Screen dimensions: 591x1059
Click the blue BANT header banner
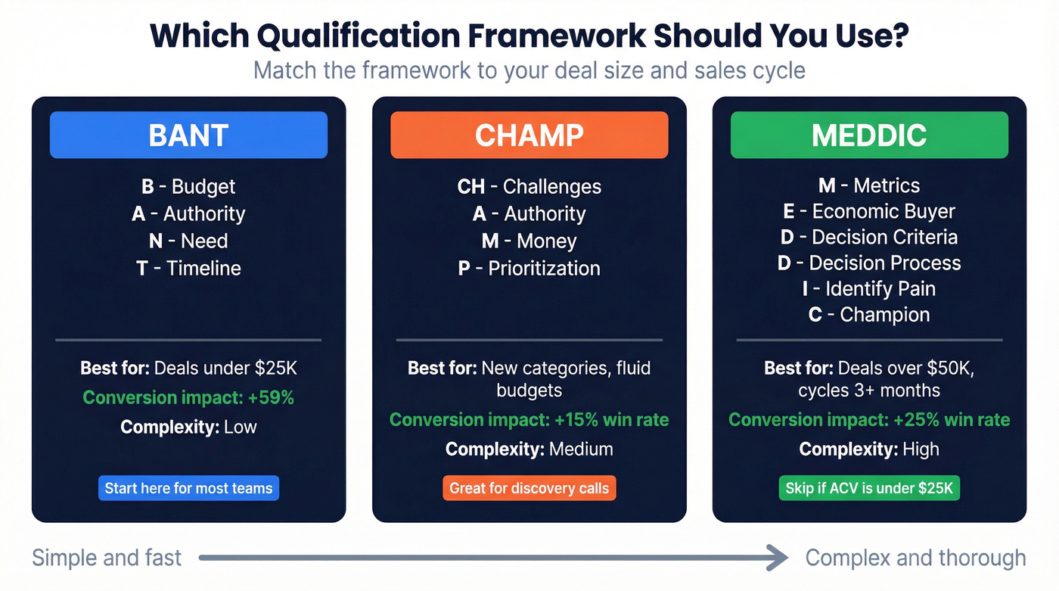pos(188,135)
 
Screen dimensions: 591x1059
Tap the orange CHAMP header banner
pos(529,135)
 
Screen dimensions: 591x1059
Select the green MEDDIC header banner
pos(869,135)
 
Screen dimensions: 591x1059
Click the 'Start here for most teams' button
pos(188,488)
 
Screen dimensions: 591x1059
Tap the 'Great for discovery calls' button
pos(529,488)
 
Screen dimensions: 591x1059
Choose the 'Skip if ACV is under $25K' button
pos(869,488)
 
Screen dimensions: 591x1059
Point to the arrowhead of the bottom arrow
pos(779,558)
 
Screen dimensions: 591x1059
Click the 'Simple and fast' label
pos(107,558)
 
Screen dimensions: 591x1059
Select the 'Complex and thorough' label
pos(915,558)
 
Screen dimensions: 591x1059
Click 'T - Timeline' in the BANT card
pos(188,268)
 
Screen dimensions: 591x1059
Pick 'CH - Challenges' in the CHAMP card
pos(529,186)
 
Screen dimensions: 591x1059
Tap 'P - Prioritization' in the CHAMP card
pos(529,268)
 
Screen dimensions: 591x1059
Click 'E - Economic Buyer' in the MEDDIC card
pos(869,211)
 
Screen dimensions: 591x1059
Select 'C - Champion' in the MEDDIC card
pos(869,315)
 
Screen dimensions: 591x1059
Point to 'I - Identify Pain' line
pos(869,289)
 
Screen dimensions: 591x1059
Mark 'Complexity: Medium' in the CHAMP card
pos(529,449)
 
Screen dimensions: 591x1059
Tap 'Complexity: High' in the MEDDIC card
pos(869,449)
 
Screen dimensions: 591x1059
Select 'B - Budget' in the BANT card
pos(188,186)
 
